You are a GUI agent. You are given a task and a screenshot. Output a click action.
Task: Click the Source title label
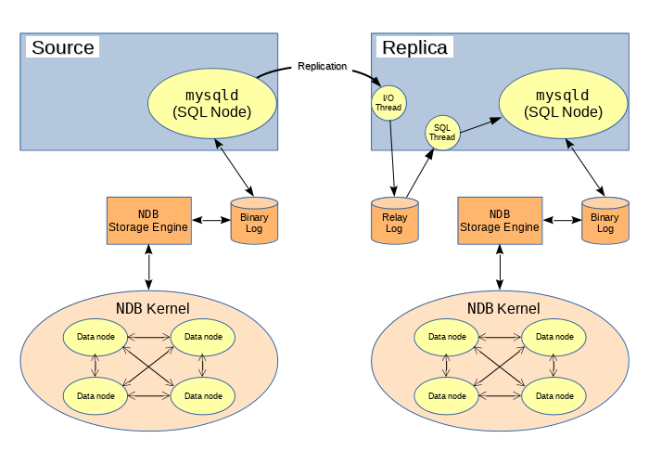coord(62,46)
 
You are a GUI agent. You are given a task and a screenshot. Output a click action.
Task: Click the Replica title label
coord(414,46)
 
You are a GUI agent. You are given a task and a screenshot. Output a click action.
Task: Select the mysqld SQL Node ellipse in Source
coord(212,102)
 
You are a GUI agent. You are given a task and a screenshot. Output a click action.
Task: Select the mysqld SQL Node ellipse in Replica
coord(563,102)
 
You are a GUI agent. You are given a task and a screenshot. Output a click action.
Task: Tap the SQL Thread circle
coord(442,132)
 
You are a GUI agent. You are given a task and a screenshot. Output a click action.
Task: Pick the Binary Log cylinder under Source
coord(254,222)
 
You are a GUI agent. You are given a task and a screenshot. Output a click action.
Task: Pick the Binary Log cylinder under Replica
coord(604,222)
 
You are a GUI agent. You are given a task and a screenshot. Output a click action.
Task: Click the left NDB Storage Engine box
coord(149,221)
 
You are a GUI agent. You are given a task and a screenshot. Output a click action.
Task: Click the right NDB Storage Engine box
coord(500,221)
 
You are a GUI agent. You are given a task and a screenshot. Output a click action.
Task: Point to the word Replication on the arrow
coord(322,67)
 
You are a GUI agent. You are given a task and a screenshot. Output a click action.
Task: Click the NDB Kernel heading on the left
coord(152,308)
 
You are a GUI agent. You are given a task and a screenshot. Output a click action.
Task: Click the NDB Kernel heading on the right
coord(503,308)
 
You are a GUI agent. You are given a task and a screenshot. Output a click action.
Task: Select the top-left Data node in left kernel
coord(95,337)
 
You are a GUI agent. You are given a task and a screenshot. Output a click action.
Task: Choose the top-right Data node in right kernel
coord(554,337)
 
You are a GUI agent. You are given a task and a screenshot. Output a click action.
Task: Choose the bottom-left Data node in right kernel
coord(446,396)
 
